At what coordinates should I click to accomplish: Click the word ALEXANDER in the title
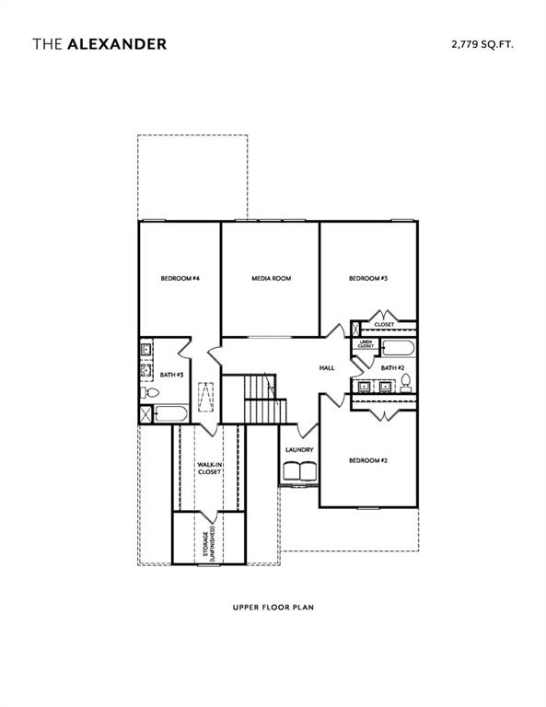[117, 43]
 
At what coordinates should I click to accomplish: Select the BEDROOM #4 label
[180, 278]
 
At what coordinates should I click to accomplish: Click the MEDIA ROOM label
[271, 278]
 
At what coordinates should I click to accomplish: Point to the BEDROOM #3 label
[367, 278]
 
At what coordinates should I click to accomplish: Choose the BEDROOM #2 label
[367, 460]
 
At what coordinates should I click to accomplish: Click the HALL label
[326, 367]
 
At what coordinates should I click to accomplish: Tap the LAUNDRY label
[299, 450]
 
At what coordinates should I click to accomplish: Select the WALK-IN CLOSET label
[209, 469]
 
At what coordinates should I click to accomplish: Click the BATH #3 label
[172, 375]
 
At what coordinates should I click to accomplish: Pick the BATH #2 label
[393, 367]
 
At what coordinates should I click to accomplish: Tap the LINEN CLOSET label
[366, 345]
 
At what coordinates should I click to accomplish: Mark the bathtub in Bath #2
[398, 349]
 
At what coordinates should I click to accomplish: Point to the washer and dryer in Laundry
[299, 470]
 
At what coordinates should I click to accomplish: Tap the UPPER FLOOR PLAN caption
[273, 608]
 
